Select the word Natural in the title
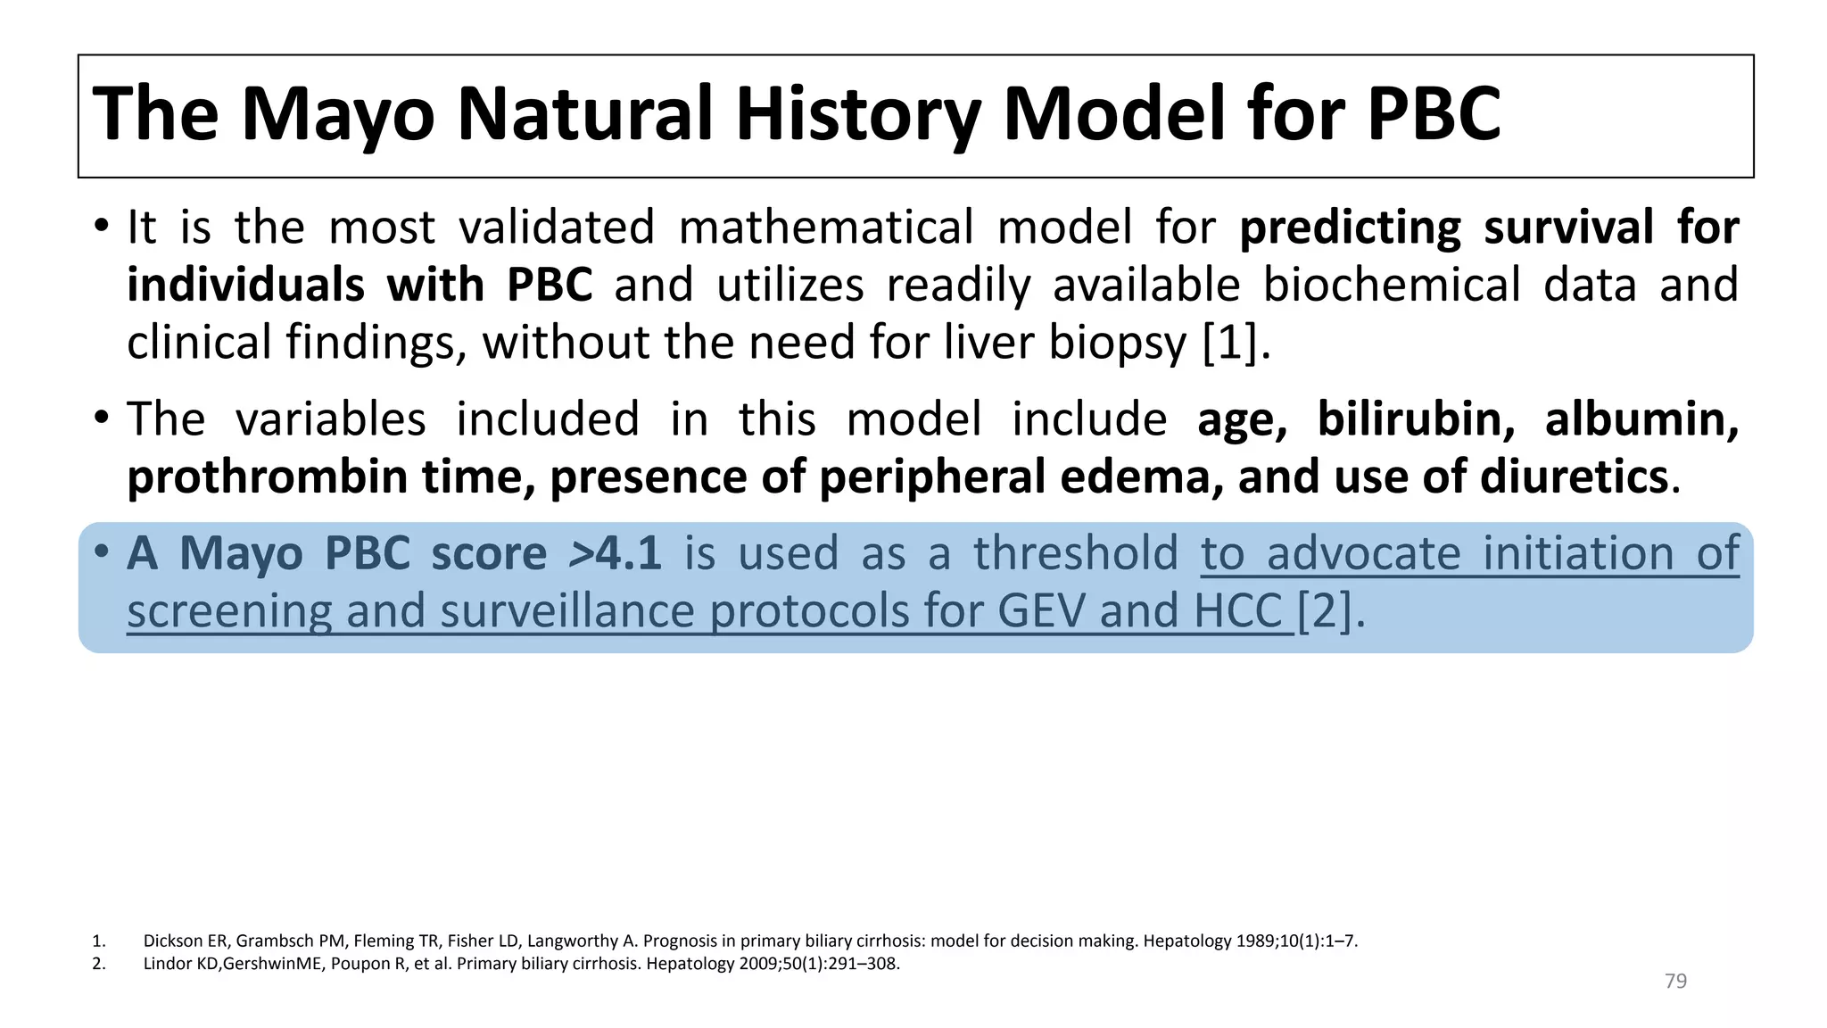point(584,114)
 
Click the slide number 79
point(1675,982)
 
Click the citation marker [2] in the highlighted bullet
point(1325,611)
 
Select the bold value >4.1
point(615,553)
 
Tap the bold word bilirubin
point(1415,419)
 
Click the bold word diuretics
point(1574,477)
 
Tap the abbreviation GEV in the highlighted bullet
point(1042,611)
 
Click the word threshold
point(1075,553)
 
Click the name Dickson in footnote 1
point(173,941)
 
